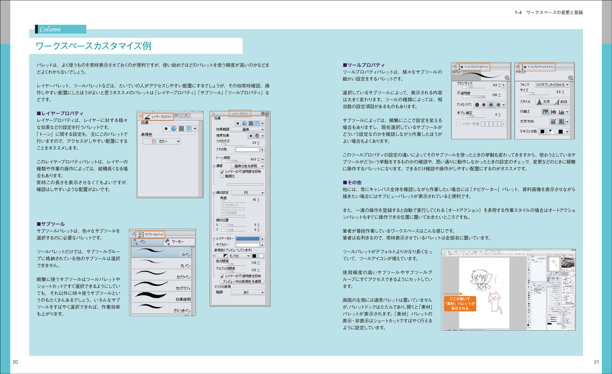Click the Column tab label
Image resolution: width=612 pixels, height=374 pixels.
click(50, 29)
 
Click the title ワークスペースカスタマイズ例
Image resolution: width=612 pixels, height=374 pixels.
click(94, 46)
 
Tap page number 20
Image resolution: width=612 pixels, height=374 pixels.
click(15, 362)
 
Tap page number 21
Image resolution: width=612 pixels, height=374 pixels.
click(596, 362)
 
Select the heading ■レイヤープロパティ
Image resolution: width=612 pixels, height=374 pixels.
click(60, 113)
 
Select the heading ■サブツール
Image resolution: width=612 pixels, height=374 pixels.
click(51, 224)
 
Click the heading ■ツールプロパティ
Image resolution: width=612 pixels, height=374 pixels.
click(364, 65)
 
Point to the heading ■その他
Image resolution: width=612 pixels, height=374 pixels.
click(352, 182)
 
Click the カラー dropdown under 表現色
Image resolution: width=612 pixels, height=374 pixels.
click(162, 141)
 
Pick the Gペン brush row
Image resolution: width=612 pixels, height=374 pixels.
click(163, 252)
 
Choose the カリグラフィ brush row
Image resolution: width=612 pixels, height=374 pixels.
click(163, 286)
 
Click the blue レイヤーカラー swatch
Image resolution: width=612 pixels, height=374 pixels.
click(247, 239)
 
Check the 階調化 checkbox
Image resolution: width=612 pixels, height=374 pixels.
click(222, 176)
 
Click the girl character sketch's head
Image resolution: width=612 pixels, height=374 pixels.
click(479, 276)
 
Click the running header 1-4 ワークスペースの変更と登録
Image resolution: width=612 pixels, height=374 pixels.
click(549, 13)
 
